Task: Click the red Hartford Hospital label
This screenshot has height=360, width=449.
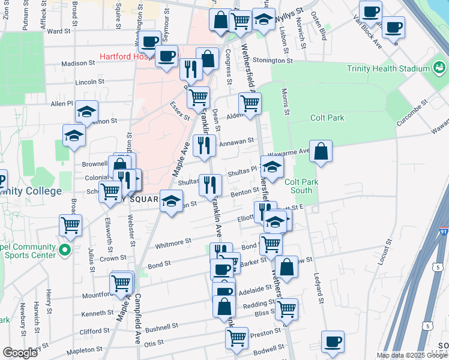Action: point(126,58)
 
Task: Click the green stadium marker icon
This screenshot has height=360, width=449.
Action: point(439,66)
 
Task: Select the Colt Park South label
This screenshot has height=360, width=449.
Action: point(299,186)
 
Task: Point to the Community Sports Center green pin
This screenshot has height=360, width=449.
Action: point(66,250)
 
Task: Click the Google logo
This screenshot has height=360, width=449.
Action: point(20,353)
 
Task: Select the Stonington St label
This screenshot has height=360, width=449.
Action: point(272,61)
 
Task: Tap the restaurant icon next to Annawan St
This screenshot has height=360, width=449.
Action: point(204,145)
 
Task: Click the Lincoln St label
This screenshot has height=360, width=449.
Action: point(90,82)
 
